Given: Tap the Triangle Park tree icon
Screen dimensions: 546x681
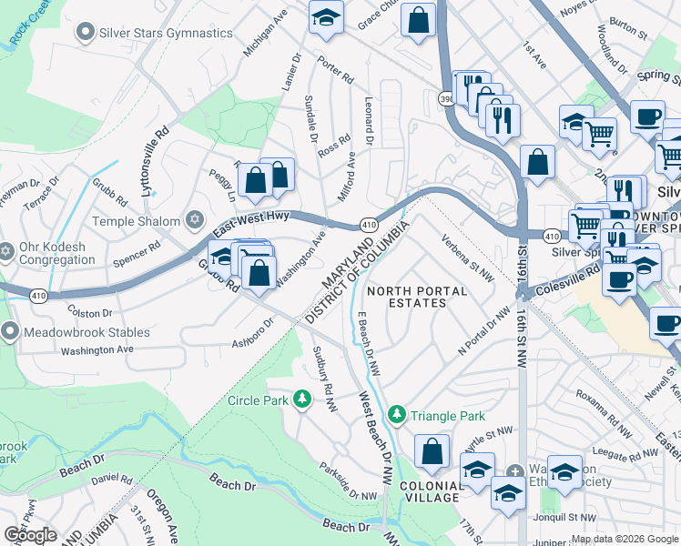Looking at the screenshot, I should point(397,415).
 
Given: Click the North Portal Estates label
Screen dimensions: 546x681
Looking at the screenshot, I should point(416,298).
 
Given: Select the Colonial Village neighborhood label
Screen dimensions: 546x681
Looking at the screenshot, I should point(432,490).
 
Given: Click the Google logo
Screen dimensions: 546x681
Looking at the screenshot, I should point(30,535).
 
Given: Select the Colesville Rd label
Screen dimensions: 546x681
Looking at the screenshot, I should point(576,269).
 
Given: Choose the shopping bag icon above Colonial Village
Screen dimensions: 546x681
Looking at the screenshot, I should point(432,450).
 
